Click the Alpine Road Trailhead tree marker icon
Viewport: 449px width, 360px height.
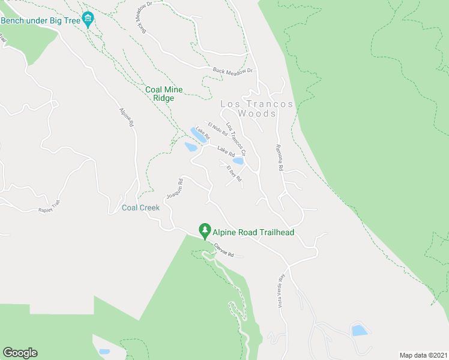[205, 230]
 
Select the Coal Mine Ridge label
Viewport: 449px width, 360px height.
[164, 94]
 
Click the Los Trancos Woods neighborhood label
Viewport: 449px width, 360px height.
[256, 109]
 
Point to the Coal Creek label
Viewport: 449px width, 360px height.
[140, 208]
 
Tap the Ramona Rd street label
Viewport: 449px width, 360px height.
[279, 158]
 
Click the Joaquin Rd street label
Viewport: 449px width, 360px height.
[173, 189]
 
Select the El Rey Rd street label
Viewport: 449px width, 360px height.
[233, 173]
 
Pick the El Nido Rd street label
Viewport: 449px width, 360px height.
[213, 130]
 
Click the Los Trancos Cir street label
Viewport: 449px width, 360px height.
[236, 136]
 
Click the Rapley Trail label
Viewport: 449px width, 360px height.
[49, 207]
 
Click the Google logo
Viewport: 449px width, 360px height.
[20, 353]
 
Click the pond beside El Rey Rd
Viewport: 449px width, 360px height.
[238, 161]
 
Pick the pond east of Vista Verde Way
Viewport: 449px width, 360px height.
[359, 330]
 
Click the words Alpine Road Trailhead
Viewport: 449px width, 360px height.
[253, 232]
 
